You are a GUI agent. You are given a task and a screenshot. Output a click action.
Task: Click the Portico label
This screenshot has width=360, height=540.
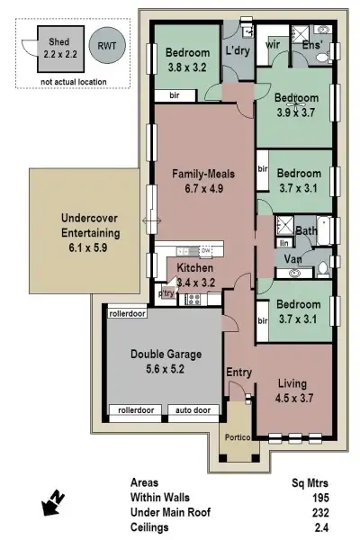[238, 437]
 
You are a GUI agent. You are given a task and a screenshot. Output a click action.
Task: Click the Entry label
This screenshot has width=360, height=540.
[238, 373]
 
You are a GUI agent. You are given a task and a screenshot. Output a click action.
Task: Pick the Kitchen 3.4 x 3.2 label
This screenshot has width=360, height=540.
[194, 274]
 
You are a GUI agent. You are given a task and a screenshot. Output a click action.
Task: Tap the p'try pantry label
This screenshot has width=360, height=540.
[166, 292]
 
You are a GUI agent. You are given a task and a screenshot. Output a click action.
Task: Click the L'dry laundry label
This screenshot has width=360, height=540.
[237, 49]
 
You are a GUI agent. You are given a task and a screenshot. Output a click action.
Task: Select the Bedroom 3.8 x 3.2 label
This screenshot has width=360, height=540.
[187, 59]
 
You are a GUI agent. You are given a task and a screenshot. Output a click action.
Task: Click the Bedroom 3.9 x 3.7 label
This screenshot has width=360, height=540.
[296, 103]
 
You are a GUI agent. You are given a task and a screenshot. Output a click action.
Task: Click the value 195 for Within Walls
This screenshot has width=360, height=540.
[319, 498]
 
